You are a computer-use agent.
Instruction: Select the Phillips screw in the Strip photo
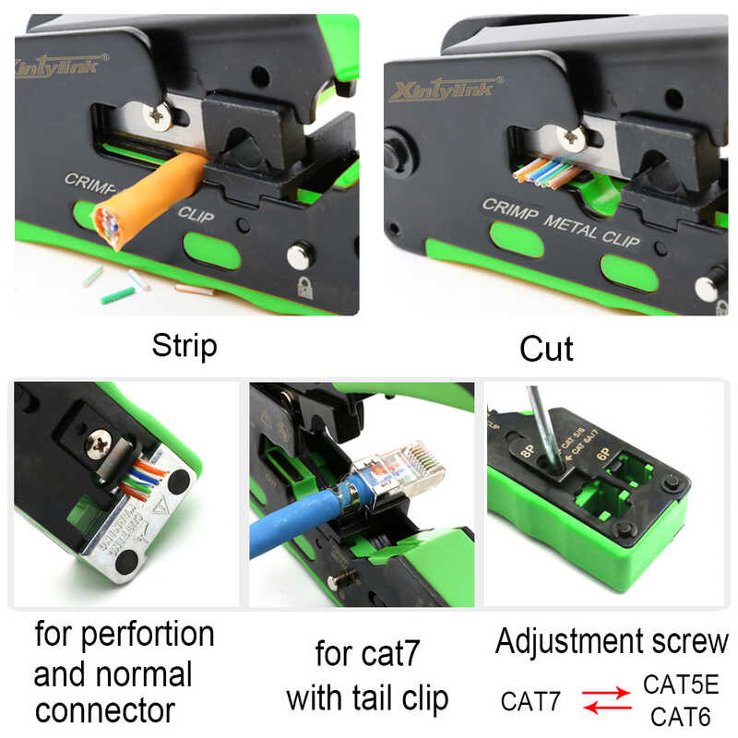158,116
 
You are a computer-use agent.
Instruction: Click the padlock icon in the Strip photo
304,286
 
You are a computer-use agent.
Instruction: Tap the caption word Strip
184,346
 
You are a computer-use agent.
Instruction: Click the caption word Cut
546,349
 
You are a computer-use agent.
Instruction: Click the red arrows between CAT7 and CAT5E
607,700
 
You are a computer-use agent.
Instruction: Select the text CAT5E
680,685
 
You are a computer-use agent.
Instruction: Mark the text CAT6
680,715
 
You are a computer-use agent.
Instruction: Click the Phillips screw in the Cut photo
573,138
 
